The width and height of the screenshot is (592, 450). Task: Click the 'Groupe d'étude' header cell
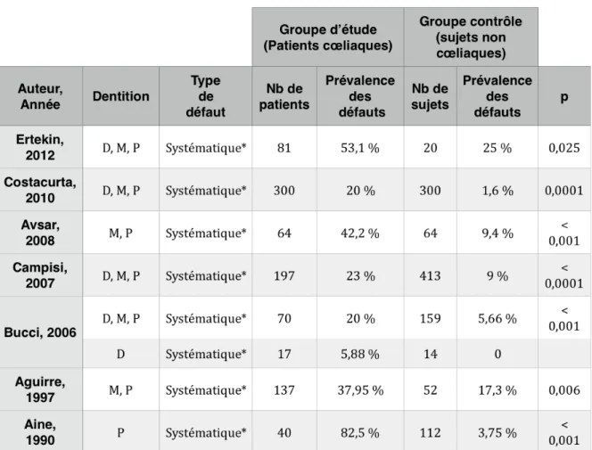(x=328, y=37)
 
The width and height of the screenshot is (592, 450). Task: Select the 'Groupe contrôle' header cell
(x=471, y=37)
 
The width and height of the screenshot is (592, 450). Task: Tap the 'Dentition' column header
(x=121, y=96)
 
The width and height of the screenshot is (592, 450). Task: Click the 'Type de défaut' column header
(x=205, y=96)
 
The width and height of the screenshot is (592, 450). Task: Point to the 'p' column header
(x=564, y=96)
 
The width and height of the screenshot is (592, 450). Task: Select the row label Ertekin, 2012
(x=40, y=147)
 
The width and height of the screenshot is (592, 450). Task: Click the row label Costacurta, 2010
(x=40, y=190)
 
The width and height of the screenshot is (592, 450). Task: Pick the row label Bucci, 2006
(x=40, y=332)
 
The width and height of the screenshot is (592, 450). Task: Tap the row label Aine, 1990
(x=40, y=432)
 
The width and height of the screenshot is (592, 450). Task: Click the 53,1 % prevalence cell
(x=360, y=148)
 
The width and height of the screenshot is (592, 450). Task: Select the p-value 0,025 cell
(x=564, y=148)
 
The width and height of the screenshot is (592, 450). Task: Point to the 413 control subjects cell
(x=430, y=275)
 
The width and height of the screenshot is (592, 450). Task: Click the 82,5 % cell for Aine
(x=360, y=432)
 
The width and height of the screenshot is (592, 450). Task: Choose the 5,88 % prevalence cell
(x=360, y=354)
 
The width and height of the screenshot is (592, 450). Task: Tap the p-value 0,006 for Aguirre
(x=564, y=390)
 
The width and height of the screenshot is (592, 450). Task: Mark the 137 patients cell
(x=284, y=390)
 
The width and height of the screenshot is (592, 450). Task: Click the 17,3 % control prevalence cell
(x=497, y=390)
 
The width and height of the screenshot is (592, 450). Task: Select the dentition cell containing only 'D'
(x=121, y=354)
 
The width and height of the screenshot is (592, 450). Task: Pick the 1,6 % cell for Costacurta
(x=497, y=191)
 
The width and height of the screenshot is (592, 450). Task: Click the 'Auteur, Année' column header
(x=40, y=96)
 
